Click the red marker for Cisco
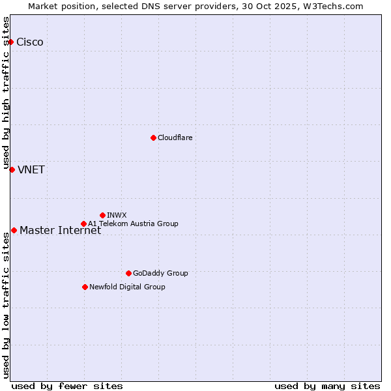[11, 42]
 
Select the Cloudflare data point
[153, 138]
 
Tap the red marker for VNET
[12, 169]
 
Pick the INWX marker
[102, 215]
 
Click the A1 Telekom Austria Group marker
[83, 224]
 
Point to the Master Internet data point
[14, 230]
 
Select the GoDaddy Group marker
[128, 273]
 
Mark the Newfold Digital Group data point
[85, 287]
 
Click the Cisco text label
[30, 42]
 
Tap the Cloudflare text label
[175, 138]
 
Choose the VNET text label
[31, 170]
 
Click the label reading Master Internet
[61, 231]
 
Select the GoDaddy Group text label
[160, 273]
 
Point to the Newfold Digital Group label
[127, 287]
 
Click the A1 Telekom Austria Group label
[133, 224]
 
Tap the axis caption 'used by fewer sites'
[67, 386]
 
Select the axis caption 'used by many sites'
[327, 386]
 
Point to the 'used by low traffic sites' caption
[6, 305]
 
